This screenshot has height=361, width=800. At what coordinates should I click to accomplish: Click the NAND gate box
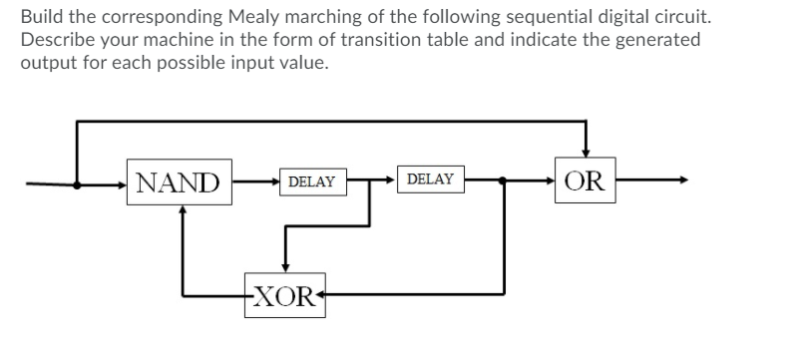click(179, 182)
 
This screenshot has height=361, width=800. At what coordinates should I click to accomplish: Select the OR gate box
click(584, 182)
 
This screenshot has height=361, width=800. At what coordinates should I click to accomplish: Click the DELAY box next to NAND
click(310, 181)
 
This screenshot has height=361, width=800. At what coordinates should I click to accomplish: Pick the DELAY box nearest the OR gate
click(430, 180)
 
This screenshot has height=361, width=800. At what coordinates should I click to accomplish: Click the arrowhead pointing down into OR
click(586, 151)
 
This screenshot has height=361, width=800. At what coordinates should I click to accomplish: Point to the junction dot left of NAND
click(76, 182)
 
